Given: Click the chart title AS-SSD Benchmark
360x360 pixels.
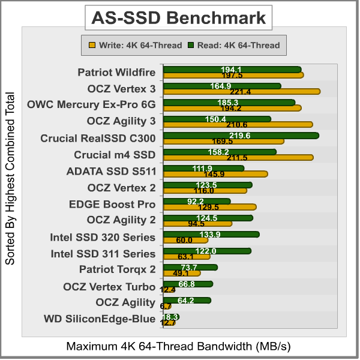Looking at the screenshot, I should pos(178,18).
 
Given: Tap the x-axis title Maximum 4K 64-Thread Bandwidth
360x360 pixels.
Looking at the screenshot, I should pos(179,347).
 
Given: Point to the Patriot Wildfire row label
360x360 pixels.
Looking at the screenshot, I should pos(116,73).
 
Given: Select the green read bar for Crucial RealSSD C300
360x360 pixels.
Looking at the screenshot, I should pos(240,136).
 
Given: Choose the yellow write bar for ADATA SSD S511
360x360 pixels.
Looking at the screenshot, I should pos(215,174).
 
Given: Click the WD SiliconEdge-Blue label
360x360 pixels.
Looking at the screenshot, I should pos(100,319).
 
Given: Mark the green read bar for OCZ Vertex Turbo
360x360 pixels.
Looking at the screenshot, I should pos(187,284).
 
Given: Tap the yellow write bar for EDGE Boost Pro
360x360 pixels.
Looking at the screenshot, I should pos(209,207).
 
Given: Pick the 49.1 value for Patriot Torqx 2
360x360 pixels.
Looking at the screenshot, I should pos(181,273).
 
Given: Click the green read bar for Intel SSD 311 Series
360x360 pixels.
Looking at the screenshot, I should pos(206,251).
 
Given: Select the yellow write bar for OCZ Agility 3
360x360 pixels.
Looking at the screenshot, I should pos(238,125).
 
